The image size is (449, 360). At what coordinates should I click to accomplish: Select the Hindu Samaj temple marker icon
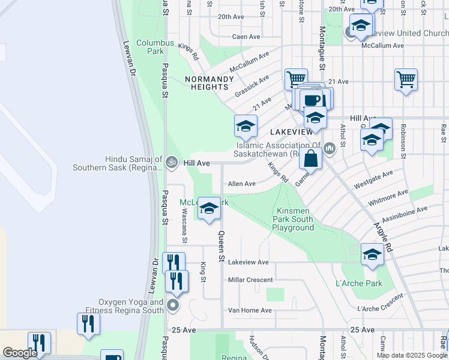[172, 162]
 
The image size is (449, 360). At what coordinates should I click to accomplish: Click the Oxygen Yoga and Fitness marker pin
[173, 305]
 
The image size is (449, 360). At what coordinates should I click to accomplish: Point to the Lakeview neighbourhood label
[291, 131]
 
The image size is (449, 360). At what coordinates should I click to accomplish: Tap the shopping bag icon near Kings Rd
[311, 160]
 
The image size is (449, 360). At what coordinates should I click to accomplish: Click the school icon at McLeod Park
[209, 208]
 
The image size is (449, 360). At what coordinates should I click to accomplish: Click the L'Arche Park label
[360, 283]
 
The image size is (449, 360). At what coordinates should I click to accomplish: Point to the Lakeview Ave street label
[249, 262]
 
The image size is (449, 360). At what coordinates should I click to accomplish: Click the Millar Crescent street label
[250, 280]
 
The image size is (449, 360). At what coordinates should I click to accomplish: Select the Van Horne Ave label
[250, 310]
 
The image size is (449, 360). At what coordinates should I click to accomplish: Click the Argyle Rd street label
[382, 237]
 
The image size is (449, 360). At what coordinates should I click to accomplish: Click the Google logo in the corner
[20, 353]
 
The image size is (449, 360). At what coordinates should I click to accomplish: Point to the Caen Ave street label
[246, 37]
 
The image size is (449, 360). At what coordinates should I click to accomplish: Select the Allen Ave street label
[241, 184]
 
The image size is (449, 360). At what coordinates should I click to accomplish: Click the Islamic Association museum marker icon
[329, 148]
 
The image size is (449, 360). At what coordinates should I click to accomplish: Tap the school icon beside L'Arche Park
[372, 254]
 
